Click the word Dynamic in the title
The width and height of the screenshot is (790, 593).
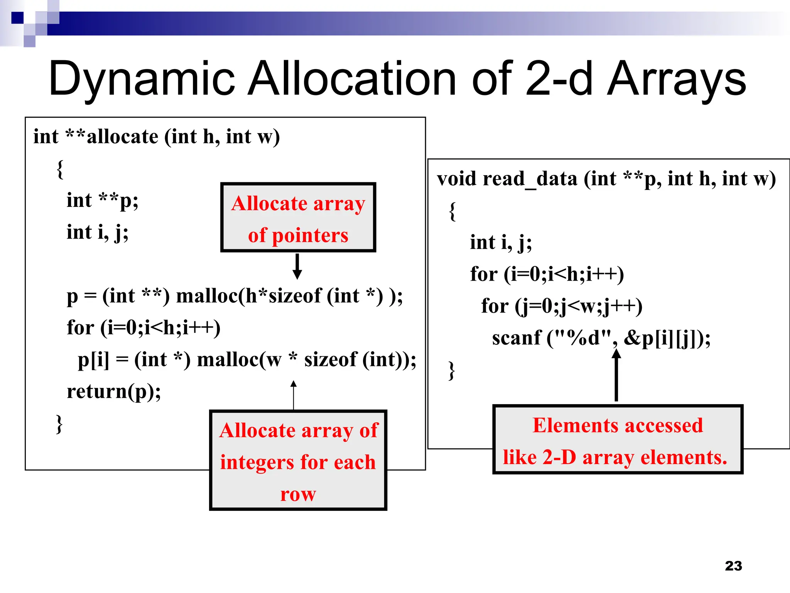click(x=142, y=79)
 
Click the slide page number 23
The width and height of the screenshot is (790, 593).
click(x=733, y=566)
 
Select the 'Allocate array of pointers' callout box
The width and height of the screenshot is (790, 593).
click(x=298, y=218)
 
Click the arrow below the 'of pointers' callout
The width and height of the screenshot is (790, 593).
click(x=297, y=266)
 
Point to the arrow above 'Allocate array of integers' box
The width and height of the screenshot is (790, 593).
click(x=294, y=395)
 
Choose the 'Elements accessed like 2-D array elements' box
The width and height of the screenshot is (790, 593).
click(x=618, y=440)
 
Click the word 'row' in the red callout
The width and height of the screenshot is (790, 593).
click(x=298, y=494)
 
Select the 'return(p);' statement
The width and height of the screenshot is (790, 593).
click(x=114, y=391)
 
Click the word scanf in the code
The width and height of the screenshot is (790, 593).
click(x=517, y=338)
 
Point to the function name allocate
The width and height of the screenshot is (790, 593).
click(x=122, y=137)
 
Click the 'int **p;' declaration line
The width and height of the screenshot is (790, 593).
click(x=102, y=200)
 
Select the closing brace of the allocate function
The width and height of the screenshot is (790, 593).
click(x=59, y=424)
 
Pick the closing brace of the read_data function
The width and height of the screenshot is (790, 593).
click(x=452, y=371)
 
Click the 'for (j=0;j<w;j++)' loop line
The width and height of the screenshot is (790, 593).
click(x=562, y=306)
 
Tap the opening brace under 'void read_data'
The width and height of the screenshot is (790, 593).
click(x=452, y=211)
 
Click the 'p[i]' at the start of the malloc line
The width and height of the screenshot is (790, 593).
click(x=93, y=360)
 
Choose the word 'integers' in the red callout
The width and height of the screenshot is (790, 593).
click(x=258, y=463)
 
